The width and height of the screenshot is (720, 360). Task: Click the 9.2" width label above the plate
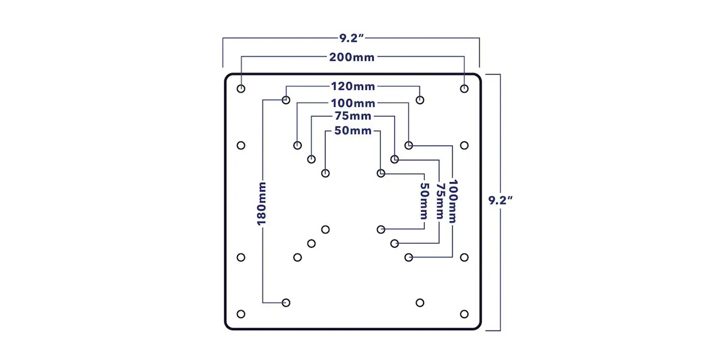coord(352,38)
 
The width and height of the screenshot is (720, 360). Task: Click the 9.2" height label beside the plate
coord(500,200)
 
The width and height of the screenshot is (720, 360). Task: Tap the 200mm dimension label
coord(352,57)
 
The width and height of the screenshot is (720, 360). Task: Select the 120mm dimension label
coord(353,86)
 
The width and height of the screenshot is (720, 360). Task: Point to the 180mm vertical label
coord(262,203)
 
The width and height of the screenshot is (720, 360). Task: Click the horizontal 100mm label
coord(353,103)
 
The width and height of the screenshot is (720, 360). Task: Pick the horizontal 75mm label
coord(353,116)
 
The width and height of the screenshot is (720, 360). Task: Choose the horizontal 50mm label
coord(353,131)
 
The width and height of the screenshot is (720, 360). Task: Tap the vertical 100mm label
coord(453,202)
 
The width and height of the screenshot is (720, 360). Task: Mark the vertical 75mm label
coord(439,202)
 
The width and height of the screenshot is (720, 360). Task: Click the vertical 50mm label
coord(424,202)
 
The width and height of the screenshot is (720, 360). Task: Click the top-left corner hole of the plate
coord(241,88)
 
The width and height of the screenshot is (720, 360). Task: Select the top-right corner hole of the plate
coord(464,88)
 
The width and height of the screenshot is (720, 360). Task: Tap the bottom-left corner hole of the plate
coord(241,314)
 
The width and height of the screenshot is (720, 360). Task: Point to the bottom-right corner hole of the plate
coord(464,314)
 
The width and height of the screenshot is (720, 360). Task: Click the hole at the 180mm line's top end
coord(286,100)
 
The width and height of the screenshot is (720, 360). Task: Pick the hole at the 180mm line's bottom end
coord(286,303)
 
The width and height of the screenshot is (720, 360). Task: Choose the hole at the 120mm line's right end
coord(420,100)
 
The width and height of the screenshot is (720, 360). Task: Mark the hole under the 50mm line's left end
coord(325,173)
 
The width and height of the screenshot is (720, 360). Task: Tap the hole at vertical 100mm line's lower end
coord(409,257)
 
